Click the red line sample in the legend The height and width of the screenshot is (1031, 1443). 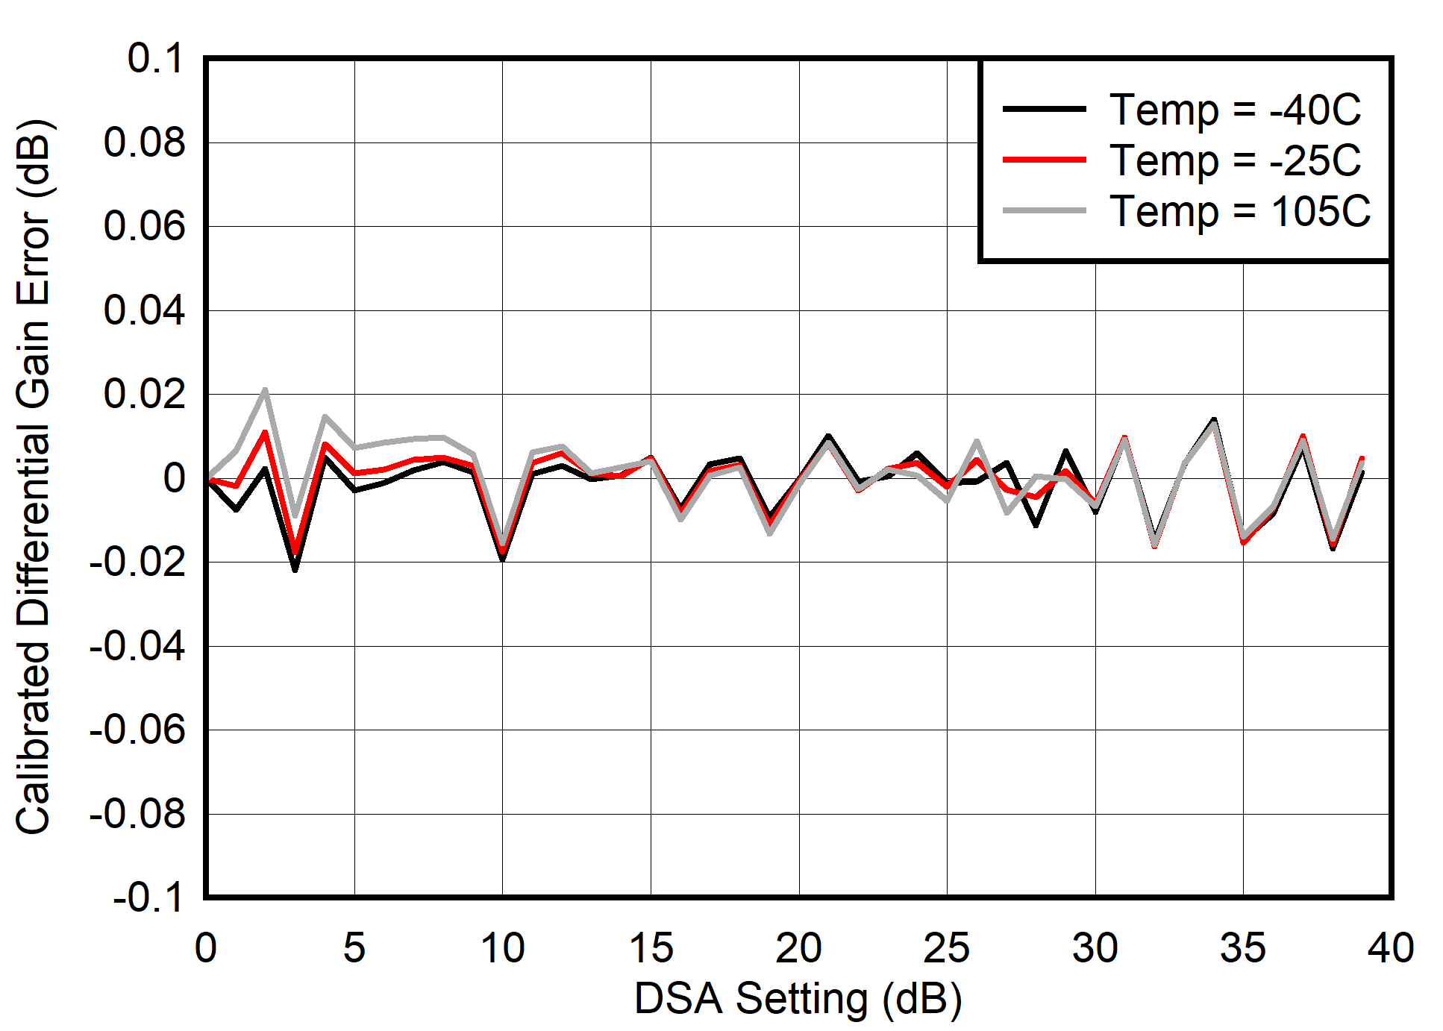click(1044, 160)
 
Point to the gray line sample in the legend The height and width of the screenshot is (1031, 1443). click(1044, 211)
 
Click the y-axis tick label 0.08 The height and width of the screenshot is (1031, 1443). click(144, 142)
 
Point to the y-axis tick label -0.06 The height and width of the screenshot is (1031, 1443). click(137, 729)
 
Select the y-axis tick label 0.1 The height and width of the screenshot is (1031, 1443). click(155, 58)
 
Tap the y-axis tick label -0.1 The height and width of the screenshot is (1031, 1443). click(148, 897)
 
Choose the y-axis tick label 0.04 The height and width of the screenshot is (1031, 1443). click(144, 310)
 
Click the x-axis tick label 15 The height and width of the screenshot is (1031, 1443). click(651, 948)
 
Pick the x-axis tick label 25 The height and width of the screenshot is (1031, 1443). click(946, 948)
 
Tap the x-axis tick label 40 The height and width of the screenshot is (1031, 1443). click(1390, 948)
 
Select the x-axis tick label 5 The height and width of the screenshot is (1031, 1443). click(354, 948)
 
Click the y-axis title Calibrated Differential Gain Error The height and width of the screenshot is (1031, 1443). click(34, 477)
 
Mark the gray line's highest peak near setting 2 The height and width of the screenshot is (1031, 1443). click(265, 389)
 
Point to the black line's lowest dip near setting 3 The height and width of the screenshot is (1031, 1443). click(295, 571)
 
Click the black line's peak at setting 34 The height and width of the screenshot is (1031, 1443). click(1214, 419)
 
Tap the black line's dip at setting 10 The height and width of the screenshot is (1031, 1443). click(503, 560)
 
